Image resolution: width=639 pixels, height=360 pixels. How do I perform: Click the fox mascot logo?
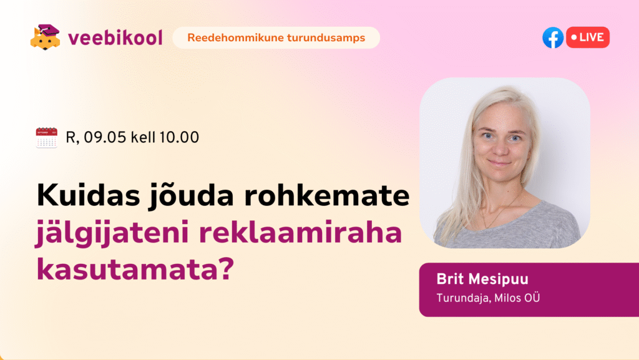pyautogui.click(x=45, y=37)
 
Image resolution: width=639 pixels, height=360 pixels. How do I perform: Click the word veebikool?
pyautogui.click(x=115, y=37)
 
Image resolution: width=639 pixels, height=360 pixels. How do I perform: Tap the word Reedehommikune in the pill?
pyautogui.click(x=235, y=38)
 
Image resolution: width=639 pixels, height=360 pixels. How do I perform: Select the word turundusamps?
pyautogui.click(x=326, y=38)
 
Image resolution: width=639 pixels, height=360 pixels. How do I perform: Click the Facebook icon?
pyautogui.click(x=553, y=37)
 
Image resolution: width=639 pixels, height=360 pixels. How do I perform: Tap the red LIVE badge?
pyautogui.click(x=588, y=37)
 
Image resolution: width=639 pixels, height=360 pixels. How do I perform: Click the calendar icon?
pyautogui.click(x=46, y=138)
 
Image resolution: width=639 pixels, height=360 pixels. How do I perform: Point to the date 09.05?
pyautogui.click(x=105, y=137)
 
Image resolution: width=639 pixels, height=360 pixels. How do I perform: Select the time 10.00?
pyautogui.click(x=179, y=137)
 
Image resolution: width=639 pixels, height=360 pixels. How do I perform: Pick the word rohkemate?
pyautogui.click(x=327, y=195)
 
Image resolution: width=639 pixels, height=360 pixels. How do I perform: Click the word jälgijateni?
pyautogui.click(x=112, y=233)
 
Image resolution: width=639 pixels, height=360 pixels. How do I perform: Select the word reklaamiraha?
pyautogui.click(x=300, y=232)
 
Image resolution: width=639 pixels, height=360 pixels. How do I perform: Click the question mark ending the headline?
pyautogui.click(x=225, y=268)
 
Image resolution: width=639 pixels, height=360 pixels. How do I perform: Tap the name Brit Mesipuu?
pyautogui.click(x=482, y=280)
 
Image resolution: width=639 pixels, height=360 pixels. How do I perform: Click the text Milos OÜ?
pyautogui.click(x=517, y=298)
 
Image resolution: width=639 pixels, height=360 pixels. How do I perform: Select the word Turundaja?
pyautogui.click(x=464, y=298)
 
